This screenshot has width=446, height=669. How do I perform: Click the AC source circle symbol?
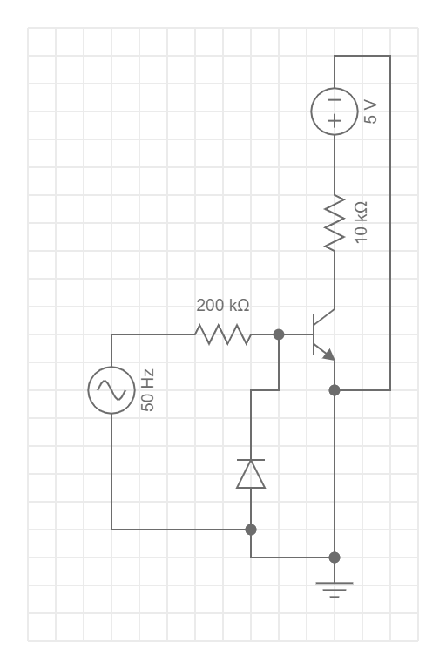pos(111,389)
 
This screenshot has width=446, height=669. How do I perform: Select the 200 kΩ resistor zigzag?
pos(222,334)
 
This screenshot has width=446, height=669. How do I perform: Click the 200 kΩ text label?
pos(222,306)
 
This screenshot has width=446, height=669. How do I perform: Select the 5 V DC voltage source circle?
pos(334,111)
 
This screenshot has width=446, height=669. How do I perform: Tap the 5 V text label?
pos(370,113)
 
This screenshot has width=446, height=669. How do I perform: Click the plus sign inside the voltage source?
pos(334,123)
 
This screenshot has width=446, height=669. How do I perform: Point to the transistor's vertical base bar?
pos(314,334)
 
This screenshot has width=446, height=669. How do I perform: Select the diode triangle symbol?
pos(251,475)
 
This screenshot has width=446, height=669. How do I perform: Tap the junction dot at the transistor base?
pos(279,334)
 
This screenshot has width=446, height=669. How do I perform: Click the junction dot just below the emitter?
pos(334,390)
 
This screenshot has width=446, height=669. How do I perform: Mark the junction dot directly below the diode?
pos(251,529)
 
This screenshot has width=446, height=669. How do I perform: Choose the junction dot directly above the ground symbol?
pos(334,557)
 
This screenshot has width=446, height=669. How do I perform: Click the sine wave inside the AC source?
pos(111,389)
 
